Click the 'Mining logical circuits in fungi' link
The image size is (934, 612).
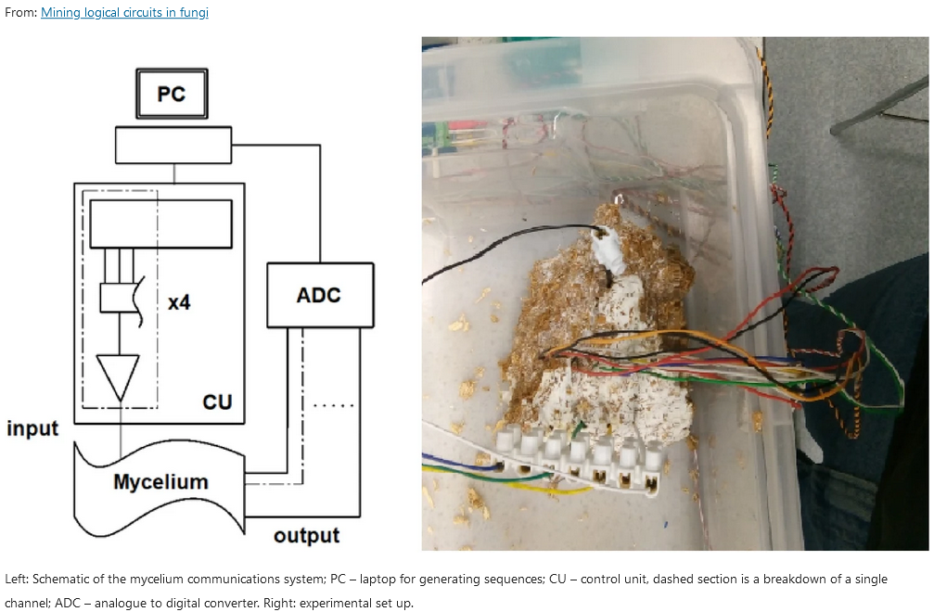click(124, 13)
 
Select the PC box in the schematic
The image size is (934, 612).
click(172, 94)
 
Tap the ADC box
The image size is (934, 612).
click(319, 295)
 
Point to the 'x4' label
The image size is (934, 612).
click(179, 301)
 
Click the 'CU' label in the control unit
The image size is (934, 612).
click(217, 402)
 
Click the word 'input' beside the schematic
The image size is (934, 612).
click(32, 428)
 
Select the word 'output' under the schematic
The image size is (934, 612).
click(306, 535)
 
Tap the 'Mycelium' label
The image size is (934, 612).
click(160, 482)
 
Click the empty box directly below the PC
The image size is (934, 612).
click(173, 144)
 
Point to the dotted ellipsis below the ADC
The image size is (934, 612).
click(329, 406)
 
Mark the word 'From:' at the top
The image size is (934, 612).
click(20, 13)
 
